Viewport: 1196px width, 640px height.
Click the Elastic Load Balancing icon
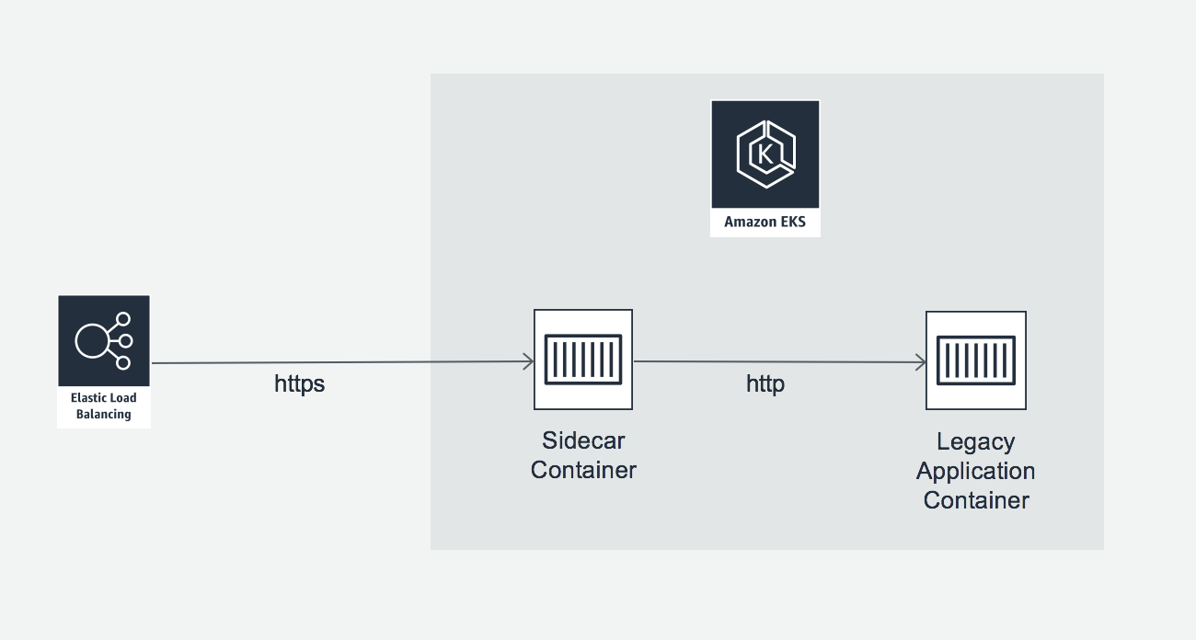104,341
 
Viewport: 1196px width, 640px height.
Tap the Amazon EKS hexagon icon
765,154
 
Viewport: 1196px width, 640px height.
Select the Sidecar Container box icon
583,360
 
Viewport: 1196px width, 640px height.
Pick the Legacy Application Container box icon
975,360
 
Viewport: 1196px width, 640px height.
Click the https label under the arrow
299,383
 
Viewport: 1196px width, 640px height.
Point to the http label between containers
765,383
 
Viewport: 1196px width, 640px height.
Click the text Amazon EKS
765,222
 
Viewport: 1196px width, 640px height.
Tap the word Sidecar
583,440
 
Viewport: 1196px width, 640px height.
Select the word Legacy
975,441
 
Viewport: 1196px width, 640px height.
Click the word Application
975,471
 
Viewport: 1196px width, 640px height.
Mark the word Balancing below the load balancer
103,415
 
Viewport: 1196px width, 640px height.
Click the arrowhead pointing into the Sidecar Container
530,362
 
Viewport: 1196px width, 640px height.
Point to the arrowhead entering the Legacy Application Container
921,362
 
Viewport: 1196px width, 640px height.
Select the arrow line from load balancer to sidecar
340,363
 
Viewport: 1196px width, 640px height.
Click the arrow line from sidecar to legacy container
777,361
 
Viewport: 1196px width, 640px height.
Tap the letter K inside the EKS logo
765,154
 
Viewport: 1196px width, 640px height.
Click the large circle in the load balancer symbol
91,341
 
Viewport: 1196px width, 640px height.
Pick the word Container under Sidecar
583,470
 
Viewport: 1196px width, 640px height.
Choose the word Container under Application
975,500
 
